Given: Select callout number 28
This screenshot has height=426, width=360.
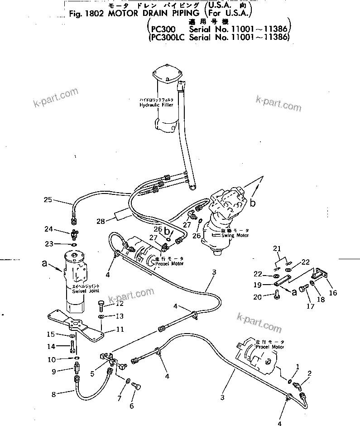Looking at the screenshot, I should pos(101,221).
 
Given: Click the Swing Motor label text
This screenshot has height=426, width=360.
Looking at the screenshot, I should pos(235,236).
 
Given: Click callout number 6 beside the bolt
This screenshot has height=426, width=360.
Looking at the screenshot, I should pos(131,406).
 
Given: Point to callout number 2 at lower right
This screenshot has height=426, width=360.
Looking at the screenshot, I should pos(310,373).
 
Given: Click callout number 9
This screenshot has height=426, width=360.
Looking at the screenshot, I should pos(53,372).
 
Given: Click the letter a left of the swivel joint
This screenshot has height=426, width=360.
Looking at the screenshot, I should pos(44,262).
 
